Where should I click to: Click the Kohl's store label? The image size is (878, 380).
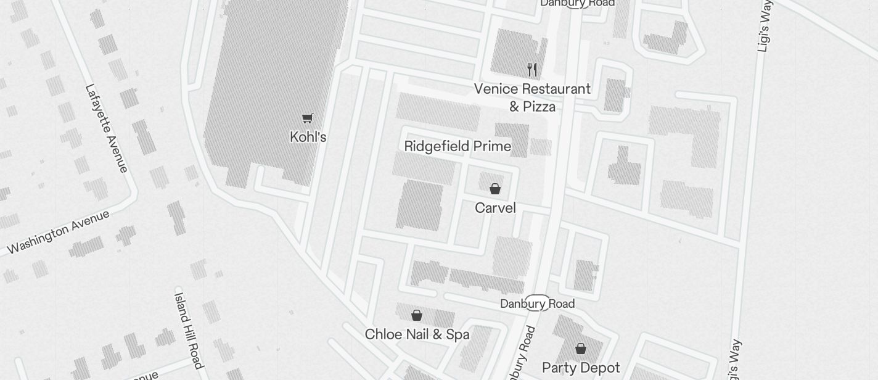pos(308,137)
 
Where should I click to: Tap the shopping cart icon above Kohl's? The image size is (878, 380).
pos(307,118)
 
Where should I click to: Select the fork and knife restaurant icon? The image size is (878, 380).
pos(532,69)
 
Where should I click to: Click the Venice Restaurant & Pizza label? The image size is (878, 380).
pos(532,97)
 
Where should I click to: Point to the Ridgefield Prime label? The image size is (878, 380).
pos(457,146)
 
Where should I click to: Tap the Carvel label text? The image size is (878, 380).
pos(495,208)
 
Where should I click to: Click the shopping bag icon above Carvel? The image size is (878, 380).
pos(494,189)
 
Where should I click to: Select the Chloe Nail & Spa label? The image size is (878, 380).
pos(417,334)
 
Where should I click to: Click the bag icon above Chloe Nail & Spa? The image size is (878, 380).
pos(417,316)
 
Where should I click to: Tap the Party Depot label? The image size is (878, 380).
pos(581,368)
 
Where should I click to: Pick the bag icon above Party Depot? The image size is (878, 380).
pos(580,349)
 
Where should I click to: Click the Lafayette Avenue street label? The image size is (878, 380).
pos(106,128)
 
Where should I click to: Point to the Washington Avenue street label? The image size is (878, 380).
pos(59,232)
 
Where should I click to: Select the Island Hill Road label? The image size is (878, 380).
pos(188,328)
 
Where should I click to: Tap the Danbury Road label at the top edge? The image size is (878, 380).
pos(577,4)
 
